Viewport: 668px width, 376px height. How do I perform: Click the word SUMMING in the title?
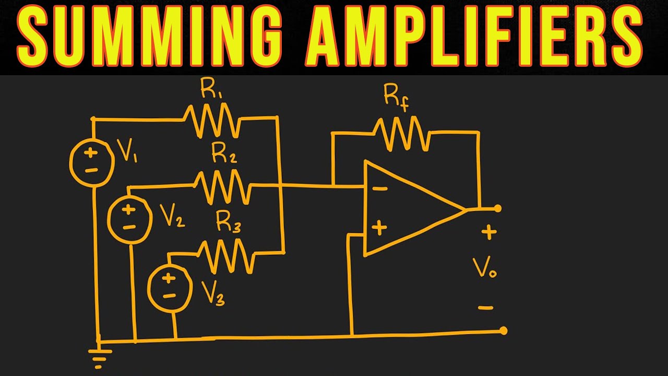point(149,36)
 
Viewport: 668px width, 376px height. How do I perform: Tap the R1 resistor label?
point(211,88)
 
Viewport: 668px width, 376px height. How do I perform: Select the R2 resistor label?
point(224,153)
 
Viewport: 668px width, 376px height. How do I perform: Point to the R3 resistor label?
point(228,221)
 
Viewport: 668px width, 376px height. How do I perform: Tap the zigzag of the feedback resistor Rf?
point(401,134)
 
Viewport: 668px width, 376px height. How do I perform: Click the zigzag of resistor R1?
point(212,121)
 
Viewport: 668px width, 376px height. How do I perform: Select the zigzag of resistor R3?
point(226,256)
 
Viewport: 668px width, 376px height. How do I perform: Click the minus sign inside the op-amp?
point(380,189)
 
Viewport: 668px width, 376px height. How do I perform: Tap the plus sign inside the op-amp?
point(379,228)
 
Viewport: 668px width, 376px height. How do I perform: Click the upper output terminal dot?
point(497,208)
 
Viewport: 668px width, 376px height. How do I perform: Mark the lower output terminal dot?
point(504,331)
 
